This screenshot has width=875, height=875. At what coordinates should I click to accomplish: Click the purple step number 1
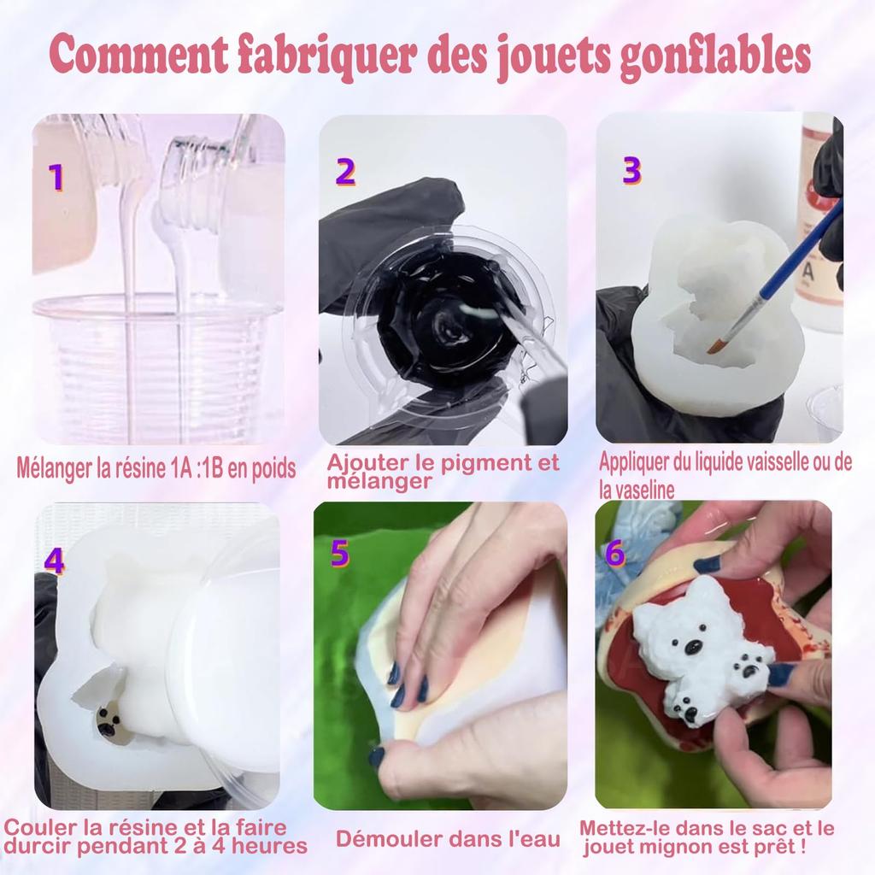pyautogui.click(x=56, y=177)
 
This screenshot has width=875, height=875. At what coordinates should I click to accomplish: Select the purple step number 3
pyautogui.click(x=631, y=170)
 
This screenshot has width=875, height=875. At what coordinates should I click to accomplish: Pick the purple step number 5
pyautogui.click(x=339, y=553)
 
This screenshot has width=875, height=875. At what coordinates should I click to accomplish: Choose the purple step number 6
pyautogui.click(x=615, y=553)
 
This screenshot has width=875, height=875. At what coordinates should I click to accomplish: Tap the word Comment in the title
pyautogui.click(x=138, y=55)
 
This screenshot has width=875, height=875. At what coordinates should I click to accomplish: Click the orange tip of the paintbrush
pyautogui.click(x=715, y=347)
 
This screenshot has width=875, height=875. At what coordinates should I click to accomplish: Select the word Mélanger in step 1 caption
pyautogui.click(x=55, y=469)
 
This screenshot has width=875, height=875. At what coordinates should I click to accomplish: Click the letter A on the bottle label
pyautogui.click(x=807, y=274)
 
